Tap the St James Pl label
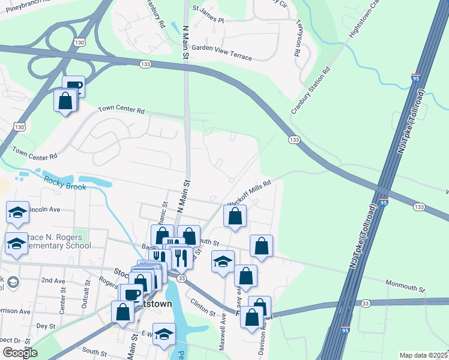coord(208,20)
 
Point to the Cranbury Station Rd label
coord(310,91)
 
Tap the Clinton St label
coord(203,308)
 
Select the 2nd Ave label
coord(53,280)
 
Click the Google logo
coord(20,352)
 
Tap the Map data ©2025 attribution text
coord(423,355)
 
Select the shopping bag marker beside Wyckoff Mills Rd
coord(235,217)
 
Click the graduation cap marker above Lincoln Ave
coord(17,212)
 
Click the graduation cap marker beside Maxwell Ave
coord(223,262)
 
